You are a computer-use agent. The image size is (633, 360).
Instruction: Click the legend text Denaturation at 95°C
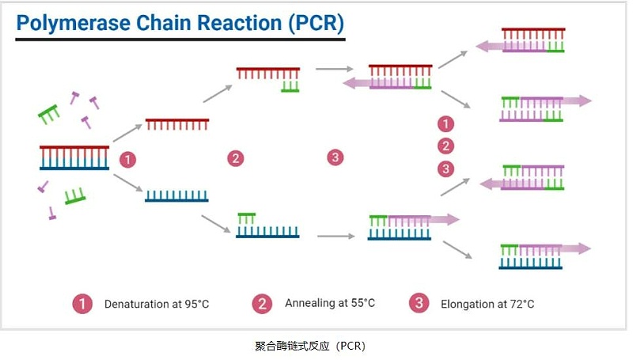(157, 304)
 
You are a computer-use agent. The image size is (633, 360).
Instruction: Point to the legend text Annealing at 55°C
(330, 303)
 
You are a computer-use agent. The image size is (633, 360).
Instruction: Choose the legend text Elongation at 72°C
(487, 304)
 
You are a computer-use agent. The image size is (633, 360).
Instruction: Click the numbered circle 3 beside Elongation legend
(419, 303)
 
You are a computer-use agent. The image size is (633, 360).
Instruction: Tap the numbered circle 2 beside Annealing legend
(262, 303)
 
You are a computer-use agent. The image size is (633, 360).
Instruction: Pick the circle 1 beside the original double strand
(127, 159)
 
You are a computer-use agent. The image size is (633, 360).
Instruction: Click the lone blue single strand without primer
(176, 195)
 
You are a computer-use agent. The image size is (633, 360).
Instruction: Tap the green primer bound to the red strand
(290, 86)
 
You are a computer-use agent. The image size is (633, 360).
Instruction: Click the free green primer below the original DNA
(75, 195)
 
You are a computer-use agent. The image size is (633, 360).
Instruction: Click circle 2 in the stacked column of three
(446, 146)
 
